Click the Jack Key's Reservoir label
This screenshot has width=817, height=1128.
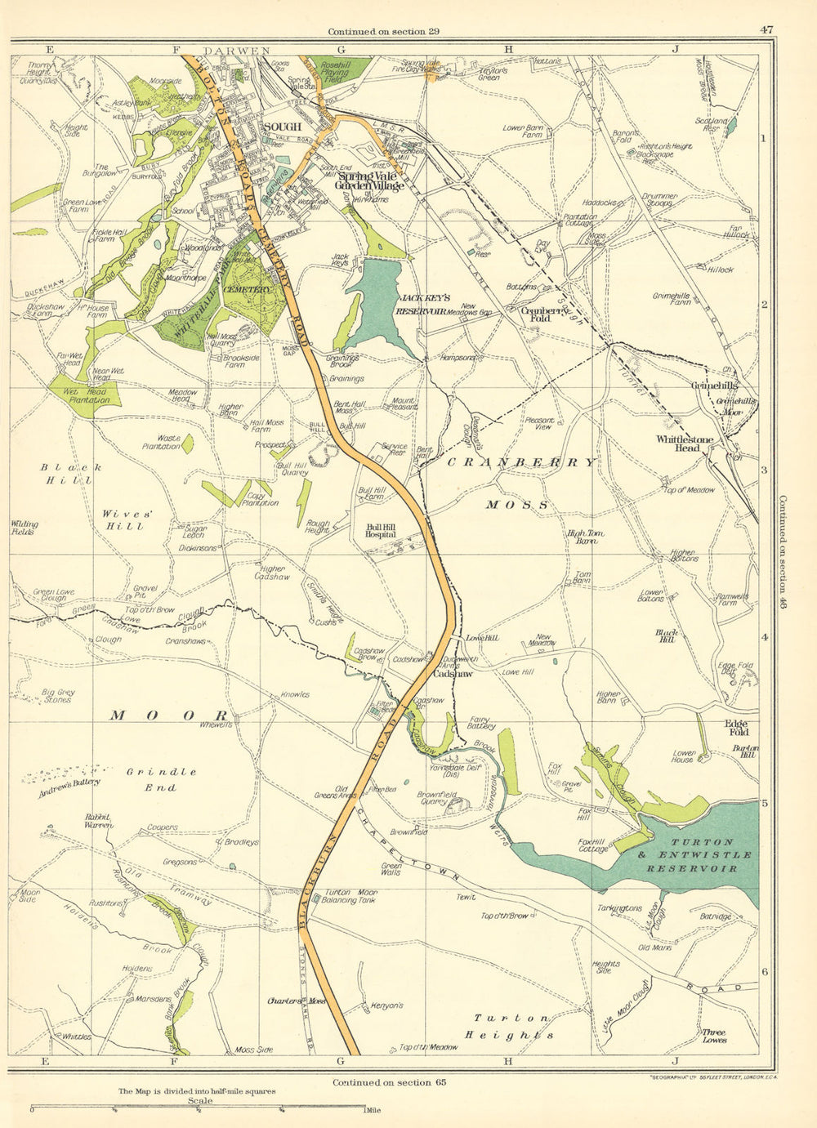click(421, 305)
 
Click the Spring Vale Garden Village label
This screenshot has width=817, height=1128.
click(372, 181)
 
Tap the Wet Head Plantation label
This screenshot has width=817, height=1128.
click(87, 395)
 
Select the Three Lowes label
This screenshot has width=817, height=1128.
click(714, 1037)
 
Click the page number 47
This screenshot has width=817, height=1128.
click(766, 30)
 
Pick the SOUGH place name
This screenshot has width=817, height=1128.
click(283, 127)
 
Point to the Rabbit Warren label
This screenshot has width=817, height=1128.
click(99, 821)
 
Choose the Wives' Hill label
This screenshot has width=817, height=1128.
click(123, 519)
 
